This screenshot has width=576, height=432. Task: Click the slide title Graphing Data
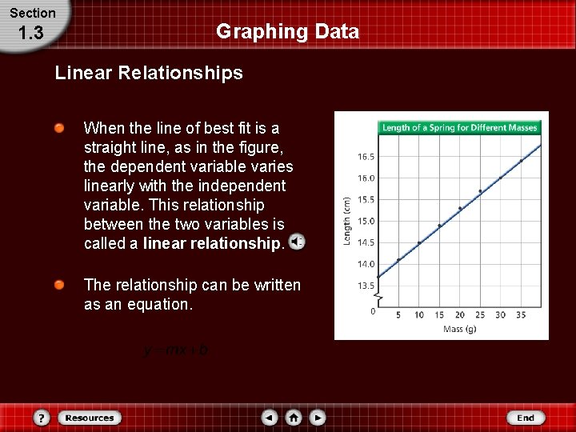tap(287, 32)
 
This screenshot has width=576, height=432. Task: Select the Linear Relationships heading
tap(149, 74)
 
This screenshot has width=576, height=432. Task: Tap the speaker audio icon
tap(296, 242)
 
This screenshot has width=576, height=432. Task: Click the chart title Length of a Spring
tap(459, 128)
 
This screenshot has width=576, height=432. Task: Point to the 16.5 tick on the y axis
tap(366, 157)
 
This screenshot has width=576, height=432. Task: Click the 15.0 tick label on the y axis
tap(366, 221)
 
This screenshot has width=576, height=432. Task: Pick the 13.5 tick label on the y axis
tap(366, 286)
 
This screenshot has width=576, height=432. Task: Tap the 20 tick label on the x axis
tap(460, 315)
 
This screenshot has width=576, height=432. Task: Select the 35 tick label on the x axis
tap(521, 315)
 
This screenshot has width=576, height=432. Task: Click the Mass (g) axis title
tap(460, 330)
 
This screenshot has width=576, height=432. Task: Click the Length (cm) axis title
tap(346, 222)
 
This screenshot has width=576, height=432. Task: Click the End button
tap(526, 418)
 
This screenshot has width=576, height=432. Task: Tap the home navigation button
tap(294, 418)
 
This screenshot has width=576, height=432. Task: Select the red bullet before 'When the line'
tap(60, 129)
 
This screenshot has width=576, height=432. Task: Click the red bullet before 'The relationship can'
tap(60, 286)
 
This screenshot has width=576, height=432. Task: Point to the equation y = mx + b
tap(176, 350)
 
